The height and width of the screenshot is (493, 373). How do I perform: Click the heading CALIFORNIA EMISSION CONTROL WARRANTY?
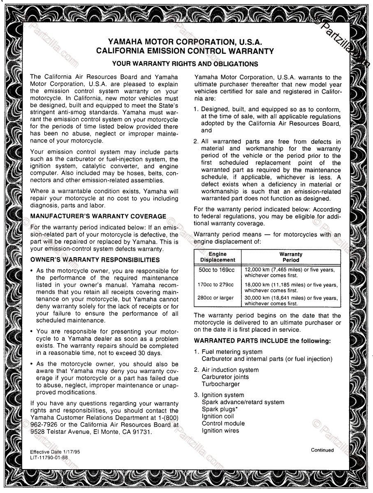(185, 51)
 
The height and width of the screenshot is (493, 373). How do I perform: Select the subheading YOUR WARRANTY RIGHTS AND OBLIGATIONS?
(185, 64)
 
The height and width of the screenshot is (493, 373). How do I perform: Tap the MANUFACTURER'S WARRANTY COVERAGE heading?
(98, 217)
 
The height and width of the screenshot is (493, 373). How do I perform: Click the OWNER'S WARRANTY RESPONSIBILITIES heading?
(95, 260)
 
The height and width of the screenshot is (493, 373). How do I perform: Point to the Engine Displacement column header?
(218, 257)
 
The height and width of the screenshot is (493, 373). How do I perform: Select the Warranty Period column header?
(291, 257)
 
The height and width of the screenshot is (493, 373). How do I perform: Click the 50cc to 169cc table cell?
(216, 270)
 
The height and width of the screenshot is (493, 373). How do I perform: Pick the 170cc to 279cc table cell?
(215, 285)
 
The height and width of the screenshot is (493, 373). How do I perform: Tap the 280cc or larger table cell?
(215, 298)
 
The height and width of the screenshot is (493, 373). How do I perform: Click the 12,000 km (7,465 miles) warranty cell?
(290, 272)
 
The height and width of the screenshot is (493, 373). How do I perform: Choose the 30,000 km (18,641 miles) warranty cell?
(291, 301)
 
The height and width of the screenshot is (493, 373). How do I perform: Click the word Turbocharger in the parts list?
(220, 384)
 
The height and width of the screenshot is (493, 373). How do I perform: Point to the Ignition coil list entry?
(218, 416)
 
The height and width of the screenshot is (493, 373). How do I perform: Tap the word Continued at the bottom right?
(322, 450)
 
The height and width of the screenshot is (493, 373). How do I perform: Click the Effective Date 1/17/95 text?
(55, 452)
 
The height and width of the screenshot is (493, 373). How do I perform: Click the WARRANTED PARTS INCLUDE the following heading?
(262, 341)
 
